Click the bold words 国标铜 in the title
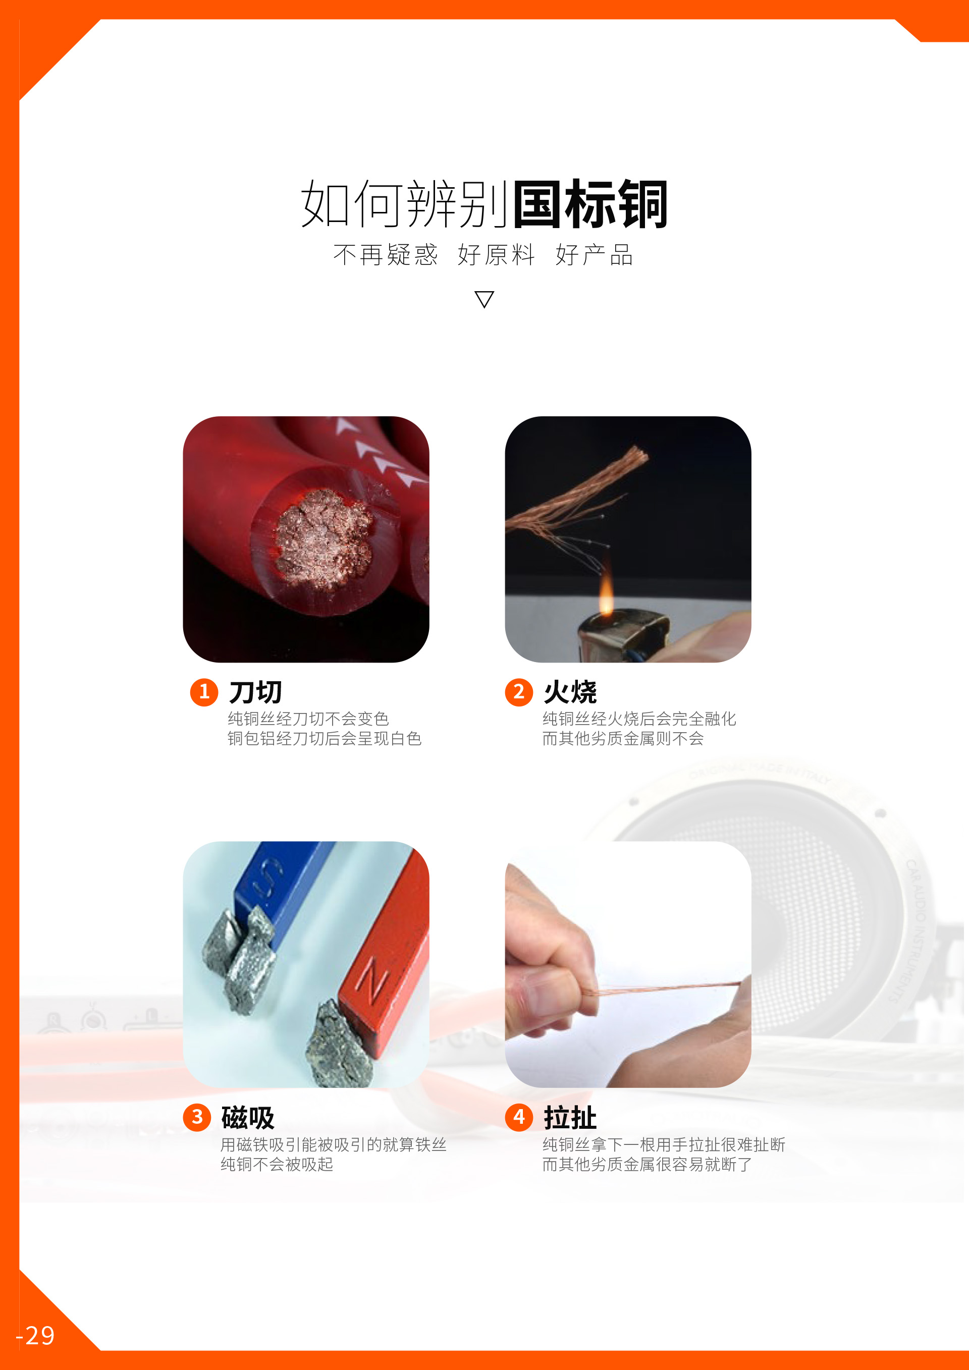[590, 204]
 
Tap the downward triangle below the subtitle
[484, 299]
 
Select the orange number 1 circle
[204, 692]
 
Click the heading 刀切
[255, 692]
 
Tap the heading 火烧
[570, 692]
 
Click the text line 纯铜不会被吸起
[277, 1164]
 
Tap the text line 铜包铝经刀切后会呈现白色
[325, 739]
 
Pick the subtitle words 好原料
[496, 255]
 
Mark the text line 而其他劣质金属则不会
[623, 739]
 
